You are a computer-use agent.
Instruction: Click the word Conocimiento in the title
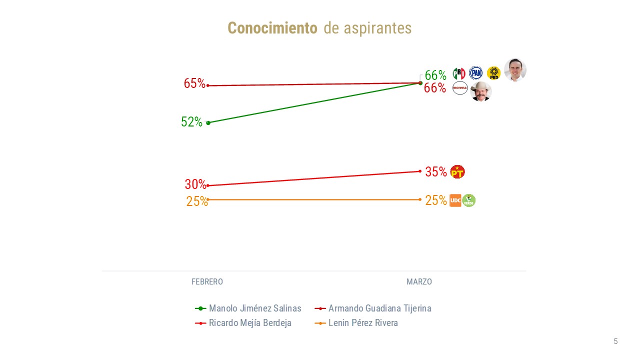click(x=272, y=28)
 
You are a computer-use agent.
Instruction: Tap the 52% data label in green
click(x=191, y=122)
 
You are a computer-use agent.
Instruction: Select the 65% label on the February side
click(x=194, y=83)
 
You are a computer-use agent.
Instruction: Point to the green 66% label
click(x=435, y=75)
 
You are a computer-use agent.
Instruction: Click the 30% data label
click(x=195, y=184)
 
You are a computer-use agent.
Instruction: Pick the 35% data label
click(x=436, y=172)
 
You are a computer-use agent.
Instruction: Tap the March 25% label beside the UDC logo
click(x=436, y=200)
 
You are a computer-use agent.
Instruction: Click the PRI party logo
click(x=458, y=73)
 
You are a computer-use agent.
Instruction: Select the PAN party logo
click(x=475, y=73)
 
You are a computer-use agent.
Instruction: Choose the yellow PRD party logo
click(x=493, y=73)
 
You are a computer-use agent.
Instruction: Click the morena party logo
click(x=459, y=88)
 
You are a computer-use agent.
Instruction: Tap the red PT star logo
click(x=457, y=172)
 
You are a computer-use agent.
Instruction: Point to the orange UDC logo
click(x=455, y=200)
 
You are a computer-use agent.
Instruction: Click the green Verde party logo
click(x=468, y=200)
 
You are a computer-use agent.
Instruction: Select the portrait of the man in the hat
click(x=481, y=91)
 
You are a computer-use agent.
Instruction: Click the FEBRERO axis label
click(x=207, y=282)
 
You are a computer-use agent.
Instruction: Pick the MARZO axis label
click(x=419, y=282)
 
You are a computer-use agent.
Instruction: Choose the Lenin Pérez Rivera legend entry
click(x=363, y=323)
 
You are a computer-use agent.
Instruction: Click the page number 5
click(x=615, y=341)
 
